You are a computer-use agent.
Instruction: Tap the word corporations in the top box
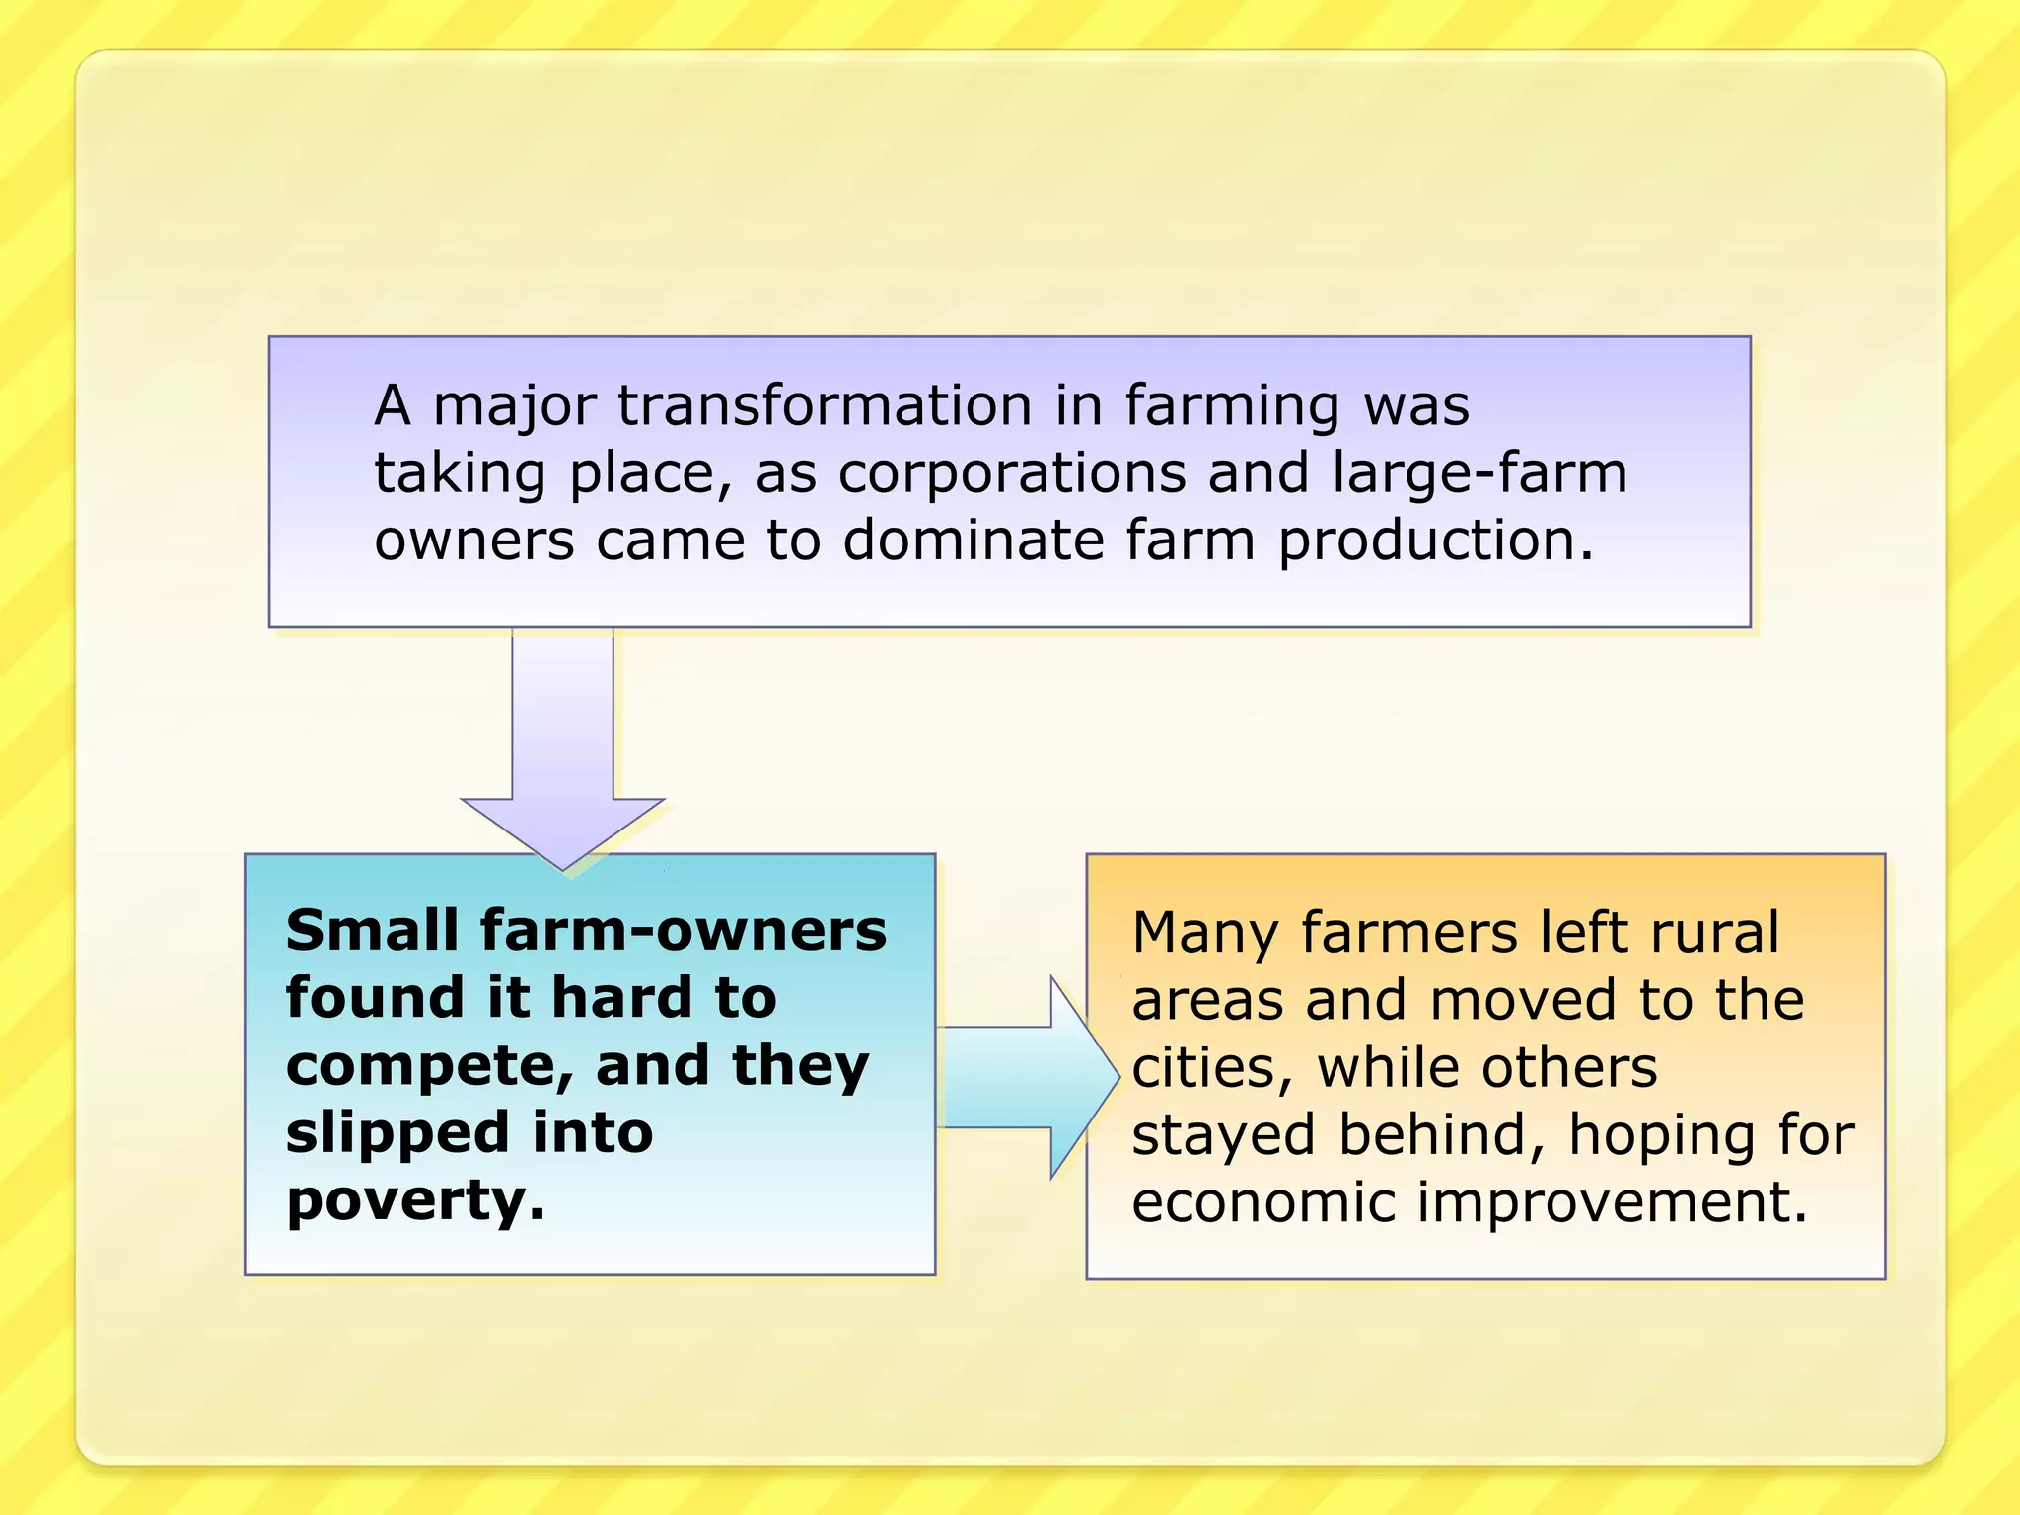pyautogui.click(x=1012, y=473)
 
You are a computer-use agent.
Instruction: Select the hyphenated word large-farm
pyautogui.click(x=1479, y=473)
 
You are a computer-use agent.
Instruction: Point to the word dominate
pyautogui.click(x=974, y=541)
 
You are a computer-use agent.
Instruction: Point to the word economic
pyautogui.click(x=1263, y=1202)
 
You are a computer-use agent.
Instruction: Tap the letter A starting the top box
pyautogui.click(x=393, y=405)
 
